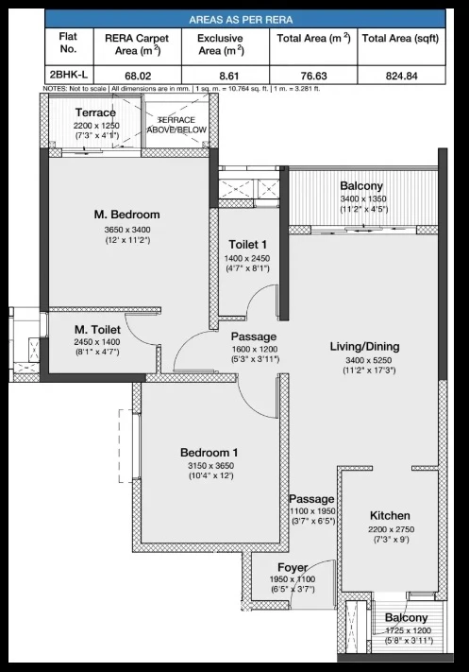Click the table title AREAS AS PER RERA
241,20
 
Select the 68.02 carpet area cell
138,76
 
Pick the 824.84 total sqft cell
401,76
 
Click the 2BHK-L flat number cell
69,75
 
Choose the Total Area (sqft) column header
400,38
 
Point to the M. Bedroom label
127,215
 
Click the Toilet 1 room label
248,244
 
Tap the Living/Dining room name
364,346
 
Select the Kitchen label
390,515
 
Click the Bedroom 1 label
209,452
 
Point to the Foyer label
293,567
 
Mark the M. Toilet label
97,330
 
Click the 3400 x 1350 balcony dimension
363,198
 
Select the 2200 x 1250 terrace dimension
96,126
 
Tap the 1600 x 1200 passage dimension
255,350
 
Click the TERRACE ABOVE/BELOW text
176,125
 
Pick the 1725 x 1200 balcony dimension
409,630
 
